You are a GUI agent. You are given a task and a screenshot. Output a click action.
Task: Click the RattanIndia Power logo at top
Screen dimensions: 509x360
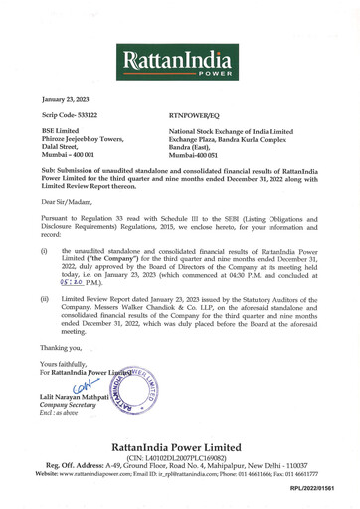tap(179, 63)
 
